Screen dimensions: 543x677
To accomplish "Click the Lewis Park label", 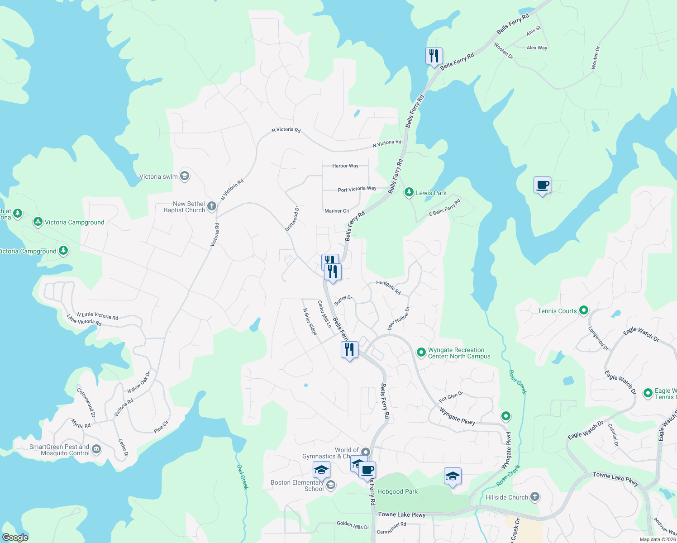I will pyautogui.click(x=431, y=193).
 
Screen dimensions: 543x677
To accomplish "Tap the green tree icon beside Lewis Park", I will pyautogui.click(x=409, y=192).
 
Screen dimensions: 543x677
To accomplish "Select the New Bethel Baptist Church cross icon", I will pyautogui.click(x=212, y=207).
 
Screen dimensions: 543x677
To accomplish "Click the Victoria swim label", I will pyautogui.click(x=158, y=176).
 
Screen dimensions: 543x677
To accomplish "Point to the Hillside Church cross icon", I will pyautogui.click(x=535, y=497).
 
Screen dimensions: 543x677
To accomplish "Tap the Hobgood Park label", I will pyautogui.click(x=397, y=491).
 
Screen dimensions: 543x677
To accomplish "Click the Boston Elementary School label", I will pyautogui.click(x=297, y=486).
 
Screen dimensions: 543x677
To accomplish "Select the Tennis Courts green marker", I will pyautogui.click(x=584, y=310).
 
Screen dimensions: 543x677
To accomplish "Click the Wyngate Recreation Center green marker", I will pyautogui.click(x=421, y=352).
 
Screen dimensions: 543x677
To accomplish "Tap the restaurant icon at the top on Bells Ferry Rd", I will pyautogui.click(x=434, y=56).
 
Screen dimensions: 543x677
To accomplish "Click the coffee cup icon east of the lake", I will pyautogui.click(x=542, y=185).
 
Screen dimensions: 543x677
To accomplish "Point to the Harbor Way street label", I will pyautogui.click(x=345, y=166).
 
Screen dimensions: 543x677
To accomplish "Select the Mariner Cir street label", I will pyautogui.click(x=337, y=211).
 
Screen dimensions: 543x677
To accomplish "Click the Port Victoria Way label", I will pyautogui.click(x=357, y=189).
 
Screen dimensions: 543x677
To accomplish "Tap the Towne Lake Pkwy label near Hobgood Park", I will pyautogui.click(x=402, y=514).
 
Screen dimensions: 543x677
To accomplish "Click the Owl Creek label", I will pyautogui.click(x=243, y=476).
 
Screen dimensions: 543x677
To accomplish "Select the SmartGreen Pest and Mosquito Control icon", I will pyautogui.click(x=96, y=449).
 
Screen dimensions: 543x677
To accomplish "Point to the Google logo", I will pyautogui.click(x=15, y=538).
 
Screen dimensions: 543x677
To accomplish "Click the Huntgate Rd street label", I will pyautogui.click(x=388, y=287).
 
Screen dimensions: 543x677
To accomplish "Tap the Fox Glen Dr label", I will pyautogui.click(x=451, y=397).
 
